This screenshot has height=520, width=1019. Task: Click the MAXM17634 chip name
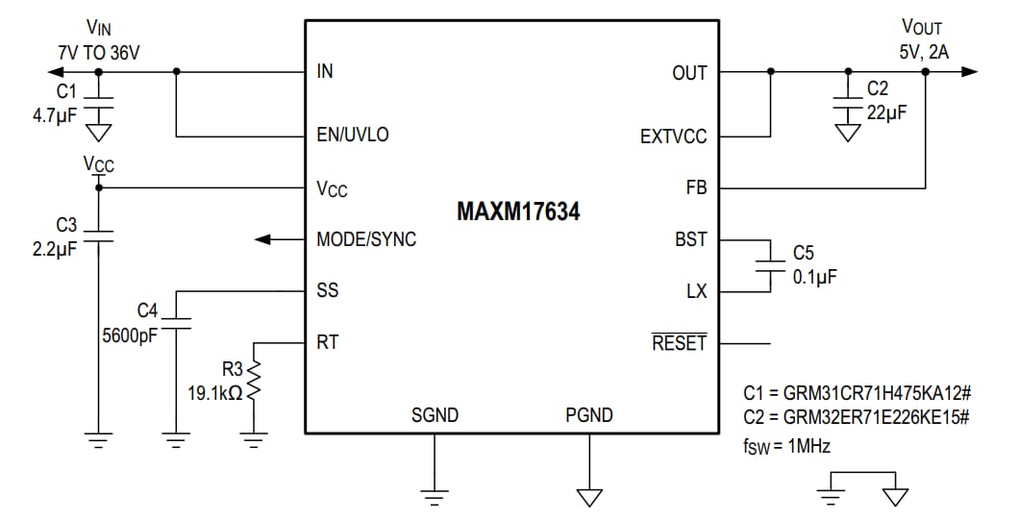pos(517,211)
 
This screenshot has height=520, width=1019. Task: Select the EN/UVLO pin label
pos(353,135)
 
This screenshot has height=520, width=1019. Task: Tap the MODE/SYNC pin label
pos(366,239)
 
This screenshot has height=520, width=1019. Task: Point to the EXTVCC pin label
pos(673,136)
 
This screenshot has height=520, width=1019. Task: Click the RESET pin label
pos(679,343)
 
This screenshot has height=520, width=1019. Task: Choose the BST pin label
pos(690,239)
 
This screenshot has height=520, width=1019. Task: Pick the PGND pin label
pos(588,415)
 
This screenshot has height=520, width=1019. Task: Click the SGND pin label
pos(435,415)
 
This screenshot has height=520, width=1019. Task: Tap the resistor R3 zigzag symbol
pos(254,383)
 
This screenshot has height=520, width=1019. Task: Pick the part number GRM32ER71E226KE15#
pos(856,418)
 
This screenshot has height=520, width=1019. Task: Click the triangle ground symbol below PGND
pos(588,497)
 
